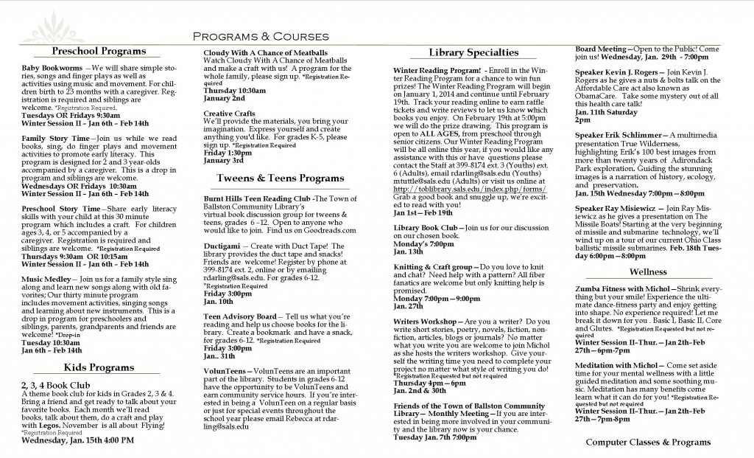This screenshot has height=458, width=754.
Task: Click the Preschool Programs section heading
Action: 99,52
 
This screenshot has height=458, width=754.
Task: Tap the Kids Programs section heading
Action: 98,367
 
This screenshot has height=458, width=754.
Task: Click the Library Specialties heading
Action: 473,52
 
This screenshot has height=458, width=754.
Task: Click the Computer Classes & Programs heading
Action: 649,442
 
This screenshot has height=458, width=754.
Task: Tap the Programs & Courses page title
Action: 261,36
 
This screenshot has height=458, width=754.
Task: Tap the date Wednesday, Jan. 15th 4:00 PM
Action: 78,440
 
